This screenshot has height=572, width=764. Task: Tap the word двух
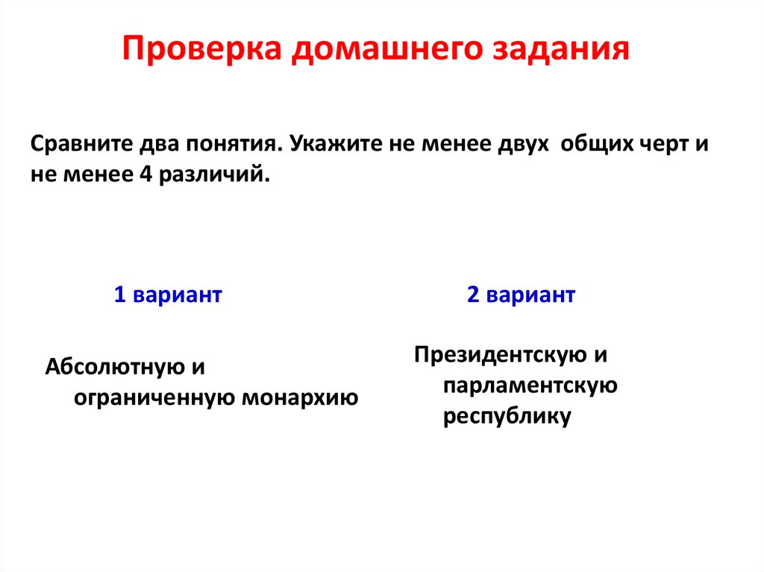tap(518, 143)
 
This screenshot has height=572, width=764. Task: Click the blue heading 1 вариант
tap(168, 295)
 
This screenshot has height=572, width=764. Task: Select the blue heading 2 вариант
tap(521, 295)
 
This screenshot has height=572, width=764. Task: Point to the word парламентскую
tap(530, 386)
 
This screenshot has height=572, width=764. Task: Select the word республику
tap(507, 416)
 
